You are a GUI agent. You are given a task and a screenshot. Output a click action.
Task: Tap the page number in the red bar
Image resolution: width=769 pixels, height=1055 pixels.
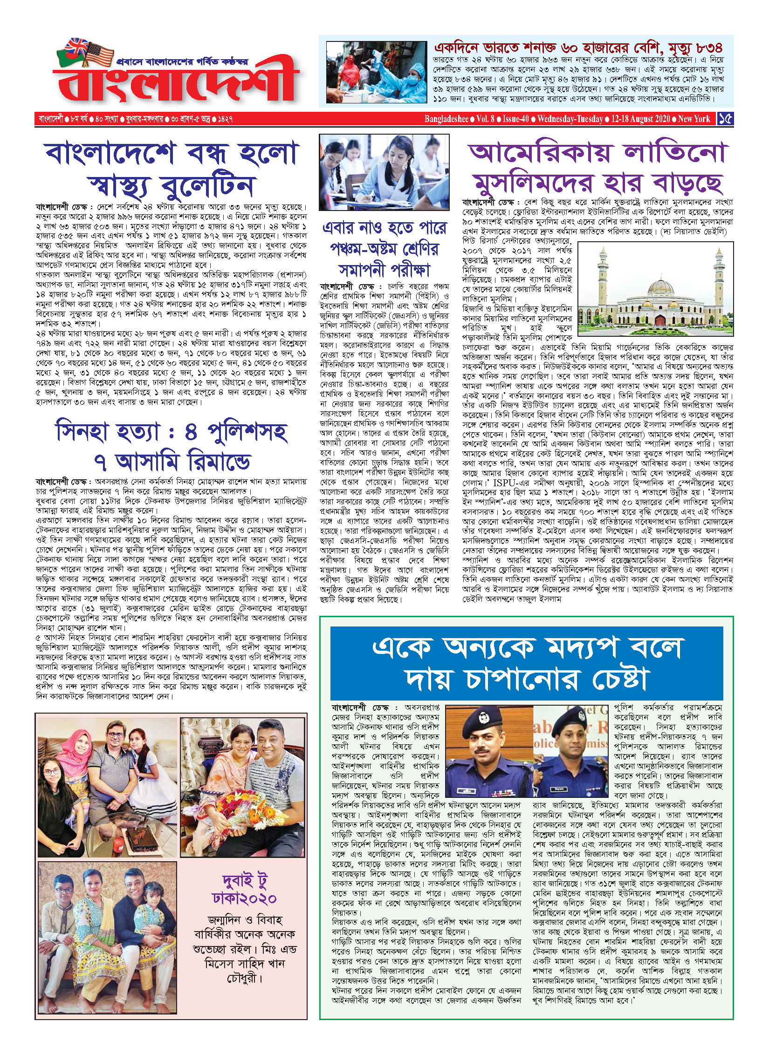(725, 119)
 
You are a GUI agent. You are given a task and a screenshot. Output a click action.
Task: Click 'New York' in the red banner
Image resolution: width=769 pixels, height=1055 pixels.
(694, 119)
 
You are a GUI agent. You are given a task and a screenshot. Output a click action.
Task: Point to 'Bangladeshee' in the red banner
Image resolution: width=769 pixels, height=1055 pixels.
(446, 119)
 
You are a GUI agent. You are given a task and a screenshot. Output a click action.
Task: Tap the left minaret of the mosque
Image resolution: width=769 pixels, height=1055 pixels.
(603, 275)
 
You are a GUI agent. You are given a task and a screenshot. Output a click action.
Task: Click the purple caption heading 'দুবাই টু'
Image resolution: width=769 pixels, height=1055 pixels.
(244, 881)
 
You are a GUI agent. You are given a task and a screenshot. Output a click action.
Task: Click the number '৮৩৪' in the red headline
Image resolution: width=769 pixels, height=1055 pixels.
(707, 48)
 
